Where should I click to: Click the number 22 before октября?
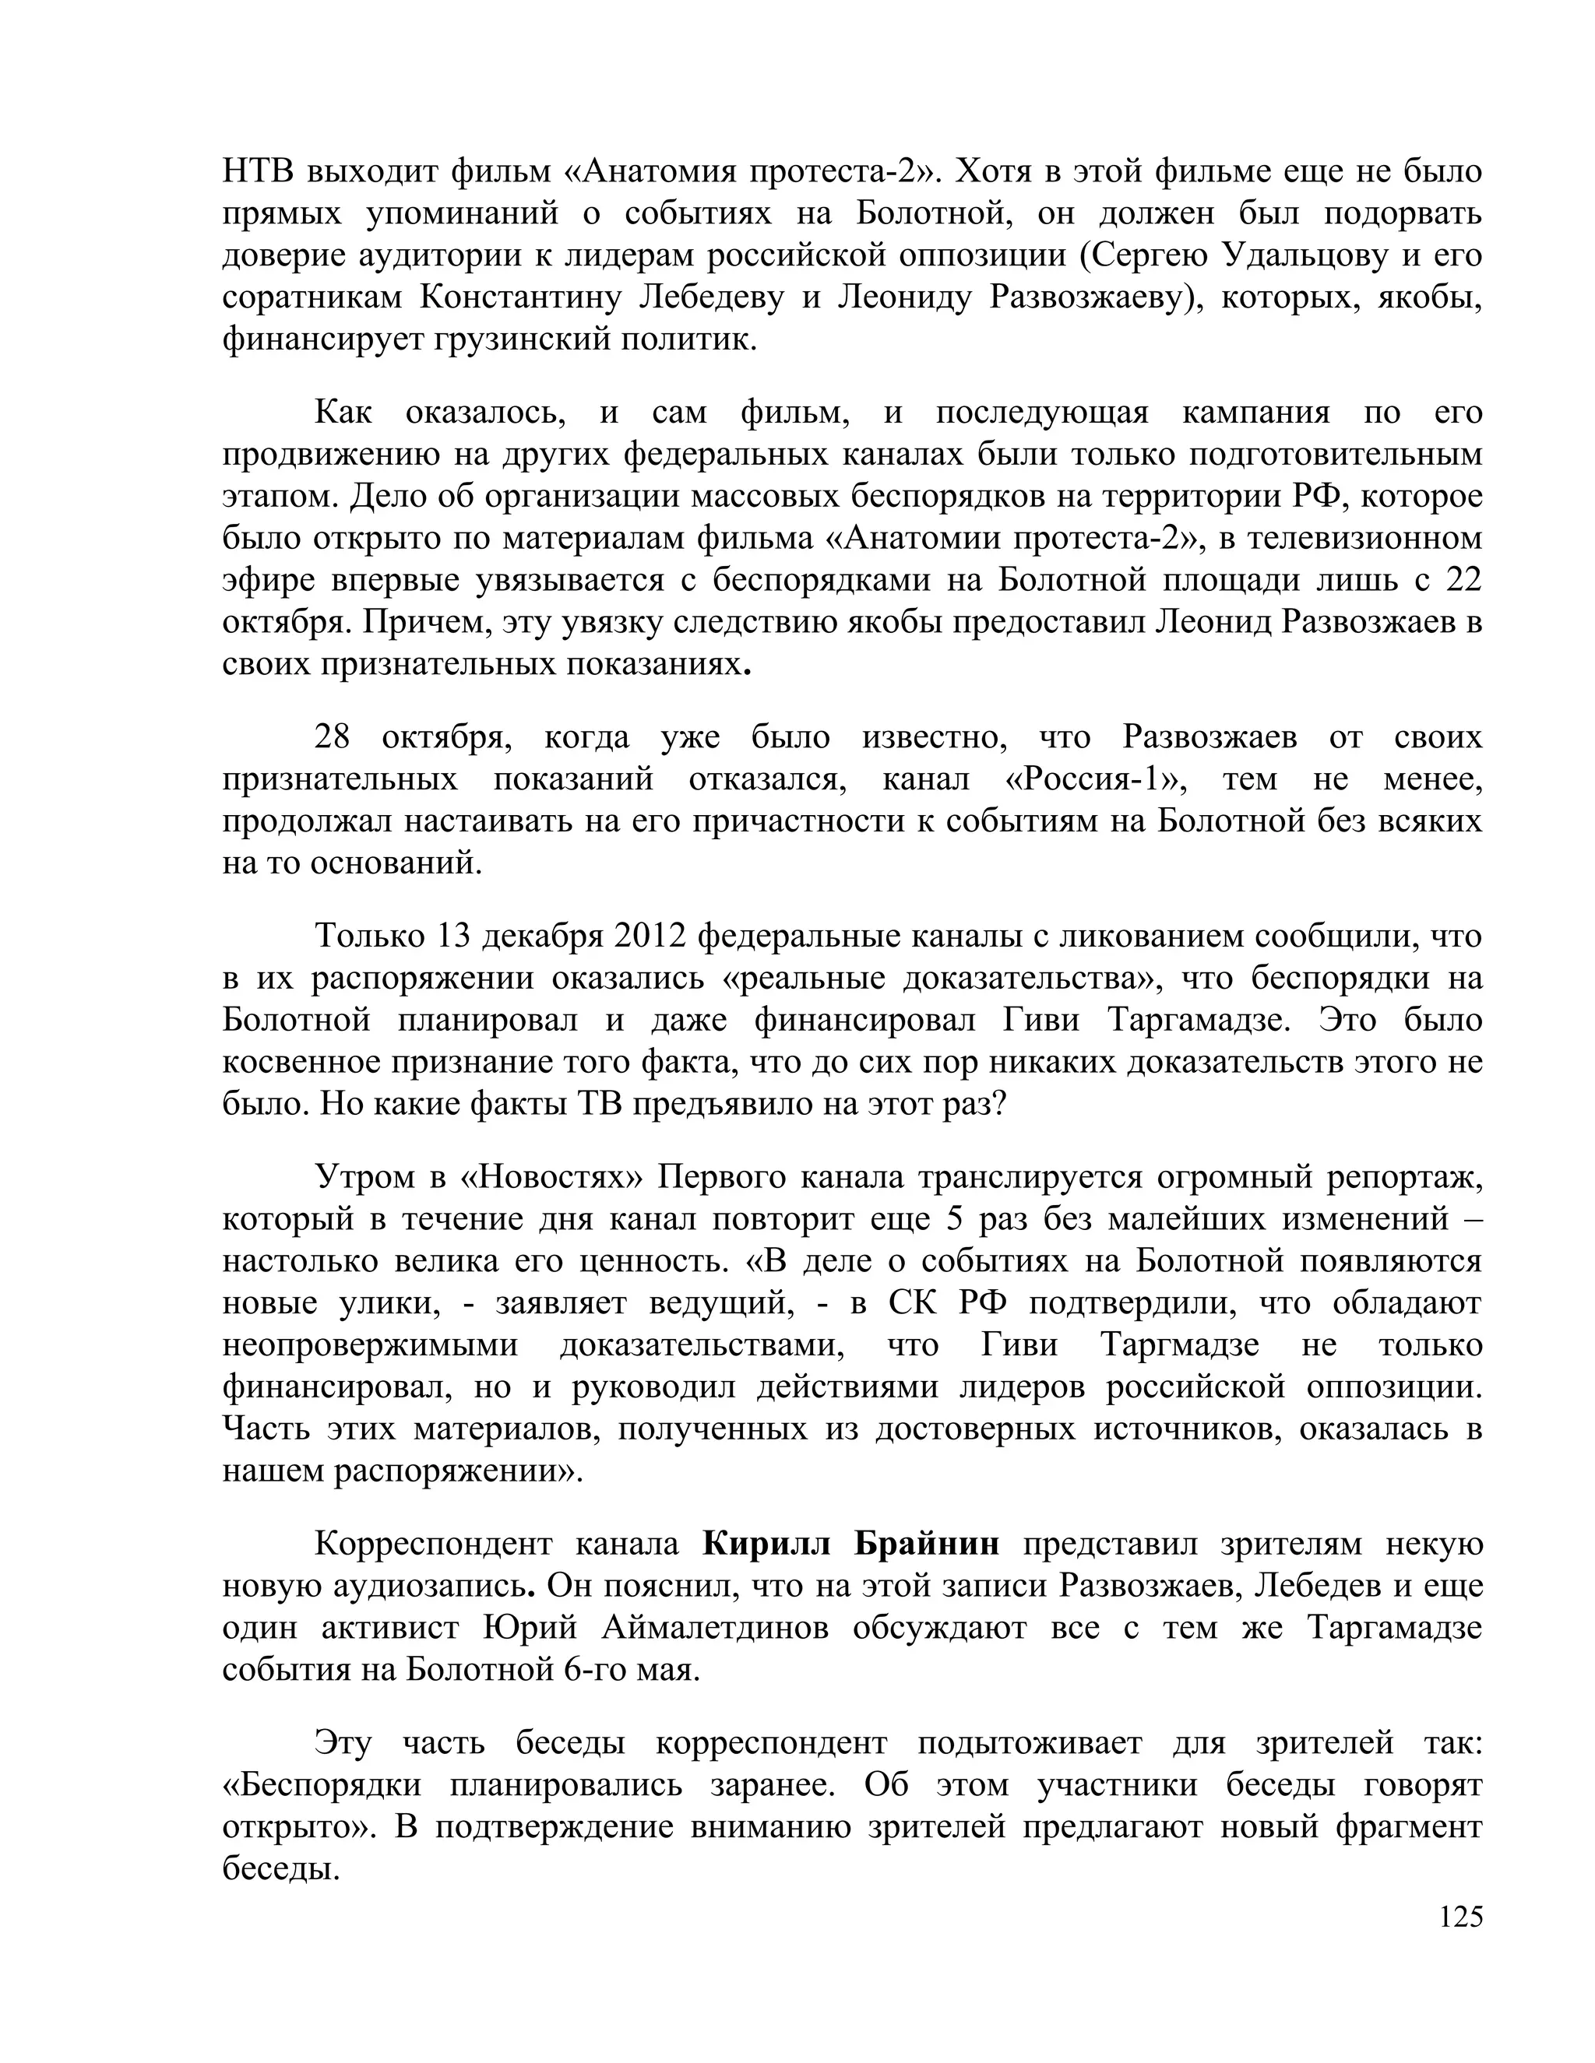pyautogui.click(x=1463, y=580)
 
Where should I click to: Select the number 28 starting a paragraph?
pyautogui.click(x=332, y=736)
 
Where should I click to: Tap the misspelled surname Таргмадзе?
pyautogui.click(x=1180, y=1344)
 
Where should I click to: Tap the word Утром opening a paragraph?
pyautogui.click(x=363, y=1177)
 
